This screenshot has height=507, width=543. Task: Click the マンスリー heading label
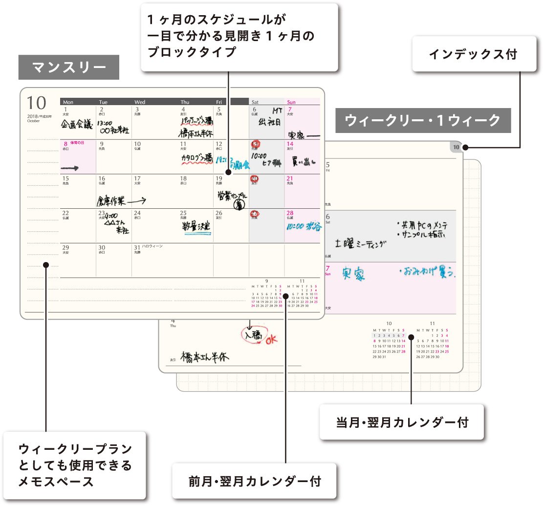pyautogui.click(x=68, y=67)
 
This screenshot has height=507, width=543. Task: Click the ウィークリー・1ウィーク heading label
pyautogui.click(x=423, y=120)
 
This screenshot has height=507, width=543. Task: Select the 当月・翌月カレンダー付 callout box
pyautogui.click(x=402, y=421)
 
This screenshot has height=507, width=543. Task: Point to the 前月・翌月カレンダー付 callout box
pyautogui.click(x=255, y=481)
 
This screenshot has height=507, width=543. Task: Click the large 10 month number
pyautogui.click(x=37, y=103)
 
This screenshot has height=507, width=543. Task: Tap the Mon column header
pyautogui.click(x=68, y=102)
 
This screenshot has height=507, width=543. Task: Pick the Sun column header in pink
pyautogui.click(x=291, y=102)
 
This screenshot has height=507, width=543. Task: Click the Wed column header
pyautogui.click(x=140, y=102)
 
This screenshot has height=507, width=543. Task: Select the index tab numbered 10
pyautogui.click(x=456, y=147)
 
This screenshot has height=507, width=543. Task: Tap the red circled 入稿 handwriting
pyautogui.click(x=253, y=335)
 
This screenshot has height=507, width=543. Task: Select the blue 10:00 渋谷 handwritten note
pyautogui.click(x=304, y=227)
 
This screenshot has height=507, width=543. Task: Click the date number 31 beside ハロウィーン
pyautogui.click(x=137, y=248)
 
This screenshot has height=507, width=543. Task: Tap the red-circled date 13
pyautogui.click(x=255, y=144)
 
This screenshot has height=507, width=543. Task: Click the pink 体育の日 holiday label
pyautogui.click(x=76, y=143)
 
